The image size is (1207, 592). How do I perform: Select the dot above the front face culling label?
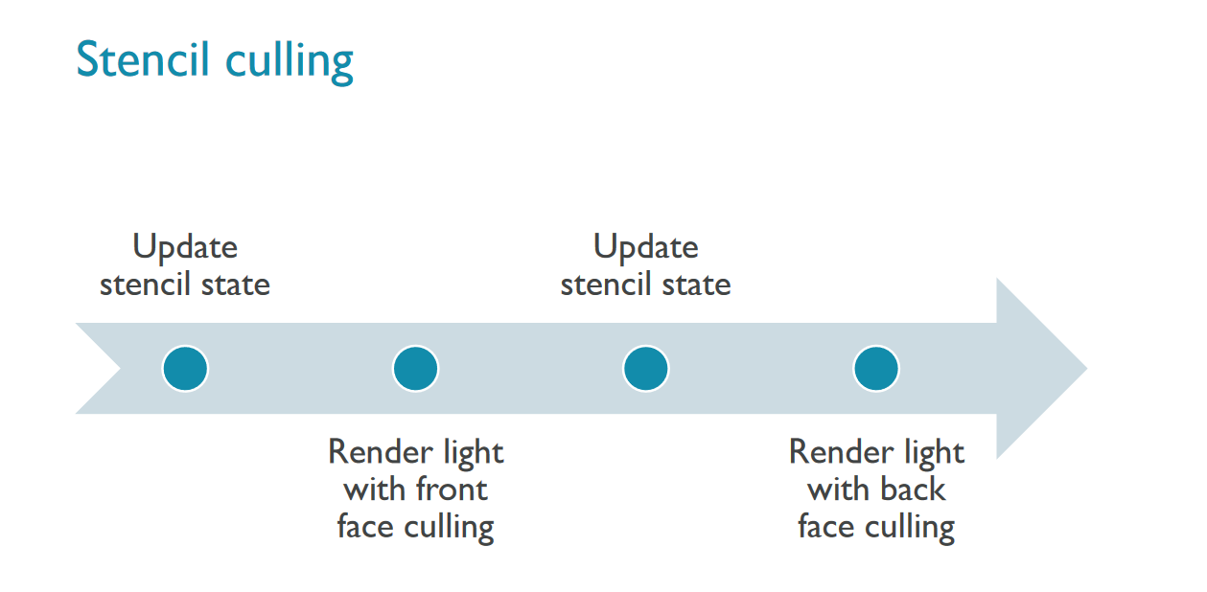point(415,369)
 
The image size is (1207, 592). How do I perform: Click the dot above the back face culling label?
point(876,369)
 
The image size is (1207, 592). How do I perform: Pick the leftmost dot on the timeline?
point(185,369)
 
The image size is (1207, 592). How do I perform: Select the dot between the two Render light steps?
point(645,369)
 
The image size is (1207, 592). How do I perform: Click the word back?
point(908,490)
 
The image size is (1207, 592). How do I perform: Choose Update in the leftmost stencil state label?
point(185,247)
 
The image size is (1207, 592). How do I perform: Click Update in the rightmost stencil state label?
point(645,247)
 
